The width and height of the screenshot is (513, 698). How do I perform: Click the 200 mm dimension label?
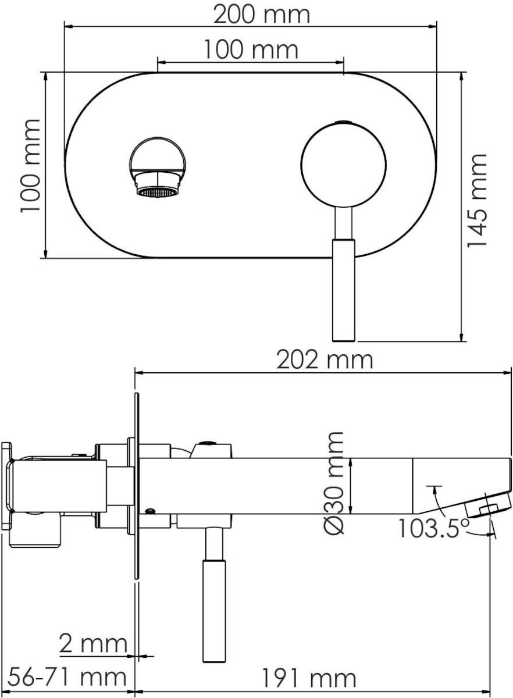pos(261,15)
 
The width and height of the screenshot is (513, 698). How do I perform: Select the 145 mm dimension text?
pos(476,201)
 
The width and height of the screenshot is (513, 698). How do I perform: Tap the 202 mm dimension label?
pos(325,360)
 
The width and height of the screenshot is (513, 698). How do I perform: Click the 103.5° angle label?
pos(433,529)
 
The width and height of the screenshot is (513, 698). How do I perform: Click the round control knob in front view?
pos(344,165)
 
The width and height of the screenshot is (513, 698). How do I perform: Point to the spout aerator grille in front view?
pos(158,193)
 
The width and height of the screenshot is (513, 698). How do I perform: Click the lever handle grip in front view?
pos(344,290)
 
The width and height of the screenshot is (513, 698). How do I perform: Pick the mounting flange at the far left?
pos(7,486)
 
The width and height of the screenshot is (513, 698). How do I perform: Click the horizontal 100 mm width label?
pos(251,50)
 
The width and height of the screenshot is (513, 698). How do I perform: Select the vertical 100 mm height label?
pos(30,166)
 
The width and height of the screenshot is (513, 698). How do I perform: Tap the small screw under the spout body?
pos(151,511)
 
